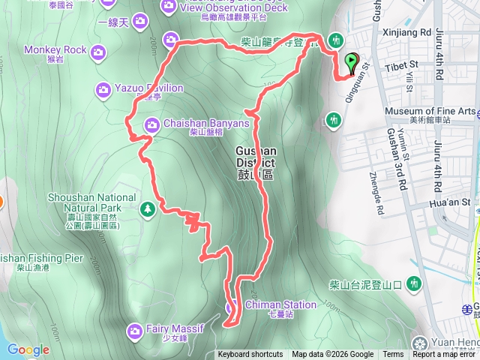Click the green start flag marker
pos(351,63)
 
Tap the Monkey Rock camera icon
pos(97,51)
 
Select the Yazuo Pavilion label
pos(149,88)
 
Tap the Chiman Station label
pos(279,305)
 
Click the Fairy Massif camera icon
pos(135,329)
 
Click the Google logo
pos(28,349)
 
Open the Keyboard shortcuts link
pos(250,355)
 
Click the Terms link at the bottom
pos(393,355)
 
